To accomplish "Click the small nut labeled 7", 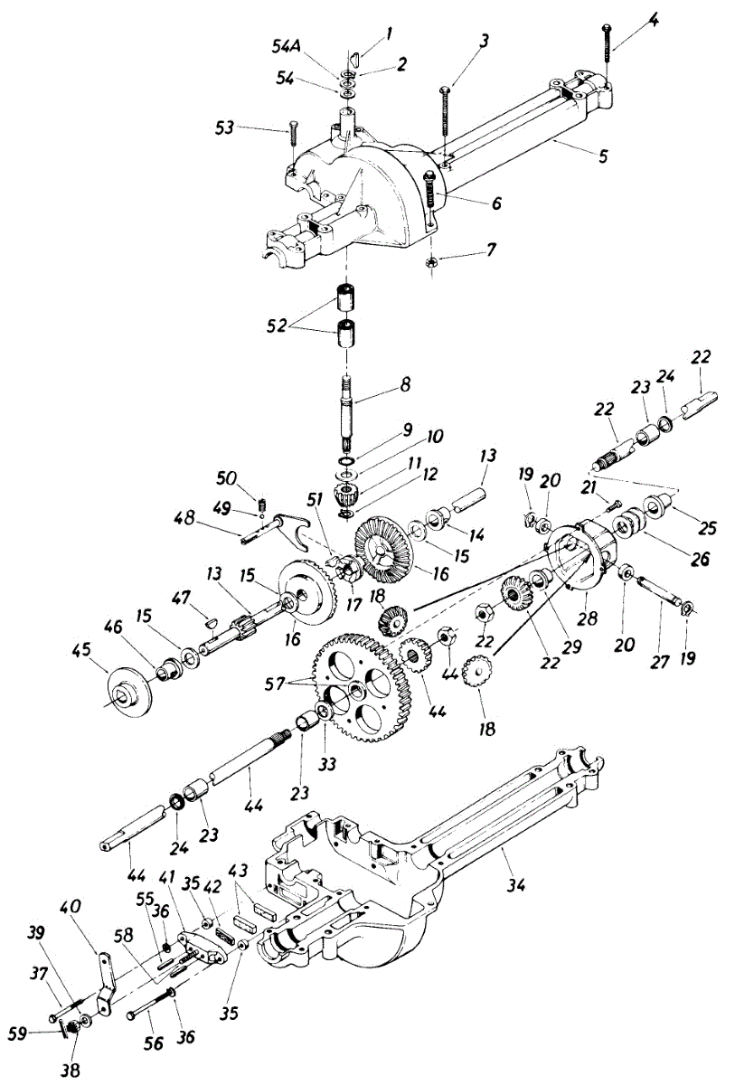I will click(x=431, y=261).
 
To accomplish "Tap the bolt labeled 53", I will click(x=293, y=134).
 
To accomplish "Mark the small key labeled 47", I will click(x=210, y=620).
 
